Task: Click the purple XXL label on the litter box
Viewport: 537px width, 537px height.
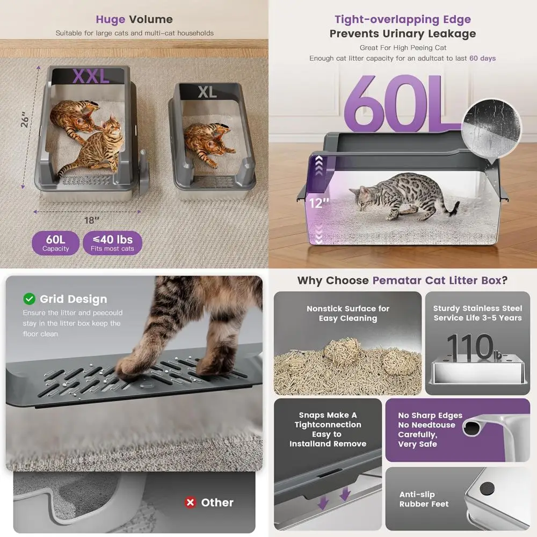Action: pos(91,76)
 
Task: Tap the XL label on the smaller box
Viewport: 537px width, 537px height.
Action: pos(207,92)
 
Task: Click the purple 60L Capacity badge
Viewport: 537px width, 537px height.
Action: pos(56,243)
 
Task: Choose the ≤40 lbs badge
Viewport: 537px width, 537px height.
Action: pos(112,243)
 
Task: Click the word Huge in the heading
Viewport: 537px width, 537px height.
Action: pos(110,20)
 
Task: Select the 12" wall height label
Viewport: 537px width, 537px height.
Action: pos(318,203)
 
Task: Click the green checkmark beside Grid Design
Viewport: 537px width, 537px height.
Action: pos(29,299)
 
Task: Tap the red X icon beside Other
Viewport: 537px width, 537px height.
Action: pos(190,503)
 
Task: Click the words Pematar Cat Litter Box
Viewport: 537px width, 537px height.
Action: pos(436,280)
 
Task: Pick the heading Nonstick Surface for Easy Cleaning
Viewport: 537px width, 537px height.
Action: pos(348,314)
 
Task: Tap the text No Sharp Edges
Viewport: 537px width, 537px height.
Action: pos(430,415)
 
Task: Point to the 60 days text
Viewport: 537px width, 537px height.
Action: pos(482,58)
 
